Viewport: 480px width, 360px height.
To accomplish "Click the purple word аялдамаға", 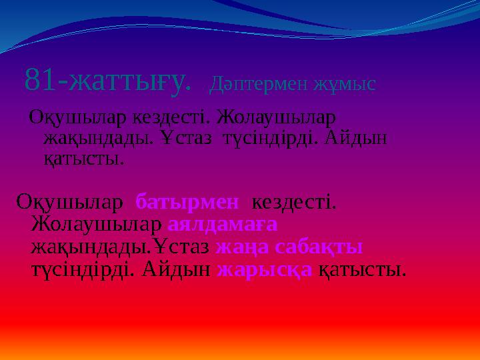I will coord(222,224).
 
